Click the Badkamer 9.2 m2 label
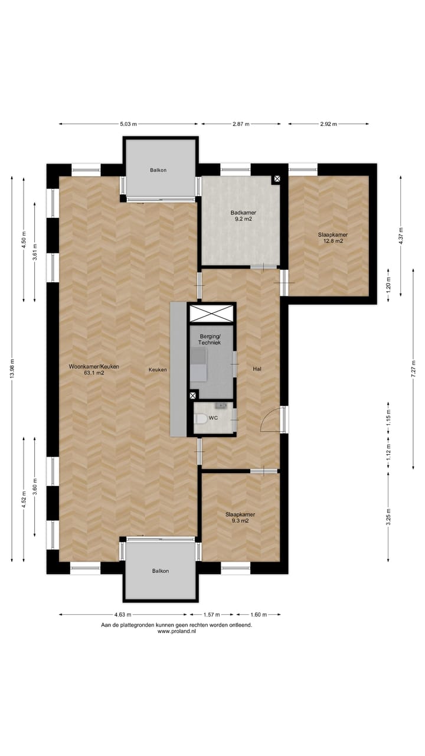(243, 216)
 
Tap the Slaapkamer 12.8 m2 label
(332, 238)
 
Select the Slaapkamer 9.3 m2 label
(240, 517)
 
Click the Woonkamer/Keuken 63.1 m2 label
(94, 370)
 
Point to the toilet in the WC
(201, 419)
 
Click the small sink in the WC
(223, 406)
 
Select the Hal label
(257, 369)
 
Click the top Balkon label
(158, 170)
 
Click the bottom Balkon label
(160, 571)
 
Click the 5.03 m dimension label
(128, 124)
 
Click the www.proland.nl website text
(176, 631)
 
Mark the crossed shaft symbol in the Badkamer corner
(277, 178)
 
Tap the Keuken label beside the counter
(158, 370)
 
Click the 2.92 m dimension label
(328, 124)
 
